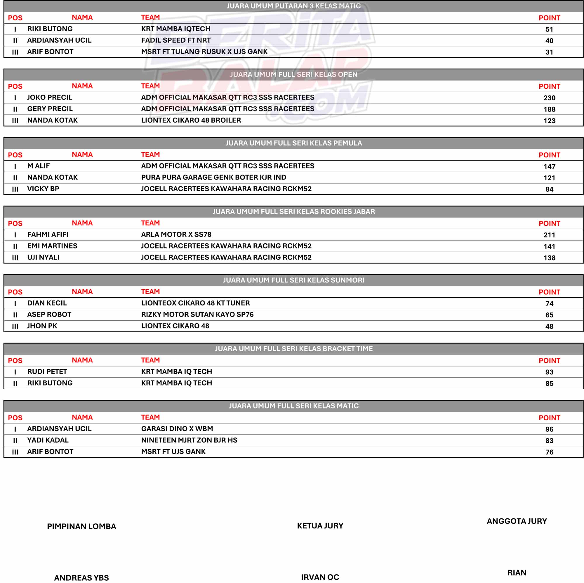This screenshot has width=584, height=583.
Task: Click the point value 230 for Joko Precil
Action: click(549, 98)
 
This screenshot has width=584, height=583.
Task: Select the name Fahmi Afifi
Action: click(48, 234)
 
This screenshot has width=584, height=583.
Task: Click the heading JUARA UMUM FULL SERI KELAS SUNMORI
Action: click(293, 280)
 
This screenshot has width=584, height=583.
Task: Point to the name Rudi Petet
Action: click(47, 371)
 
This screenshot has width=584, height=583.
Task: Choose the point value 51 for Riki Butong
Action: click(549, 29)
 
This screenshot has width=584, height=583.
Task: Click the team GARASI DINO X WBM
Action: click(177, 429)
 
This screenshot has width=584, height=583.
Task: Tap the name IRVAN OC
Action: click(320, 577)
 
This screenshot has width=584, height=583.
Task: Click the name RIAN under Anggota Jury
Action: click(517, 573)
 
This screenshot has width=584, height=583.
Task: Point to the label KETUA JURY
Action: click(320, 526)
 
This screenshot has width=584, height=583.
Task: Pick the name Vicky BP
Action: click(43, 189)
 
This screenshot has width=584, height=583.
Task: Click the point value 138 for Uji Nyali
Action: click(549, 258)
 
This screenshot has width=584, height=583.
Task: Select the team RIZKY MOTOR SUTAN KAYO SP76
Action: click(197, 315)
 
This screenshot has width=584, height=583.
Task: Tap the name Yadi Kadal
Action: click(48, 440)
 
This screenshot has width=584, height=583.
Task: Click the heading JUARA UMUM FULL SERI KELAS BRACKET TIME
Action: click(293, 349)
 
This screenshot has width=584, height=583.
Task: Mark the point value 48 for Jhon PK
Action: click(549, 326)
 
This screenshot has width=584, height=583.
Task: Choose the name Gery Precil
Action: click(50, 109)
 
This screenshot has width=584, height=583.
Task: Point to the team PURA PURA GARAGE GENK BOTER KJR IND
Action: click(213, 177)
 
